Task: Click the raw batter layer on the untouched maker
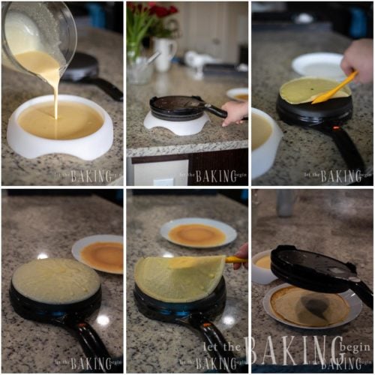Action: click(55, 281)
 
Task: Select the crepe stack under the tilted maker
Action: click(311, 307)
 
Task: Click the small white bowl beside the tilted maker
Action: click(262, 266)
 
